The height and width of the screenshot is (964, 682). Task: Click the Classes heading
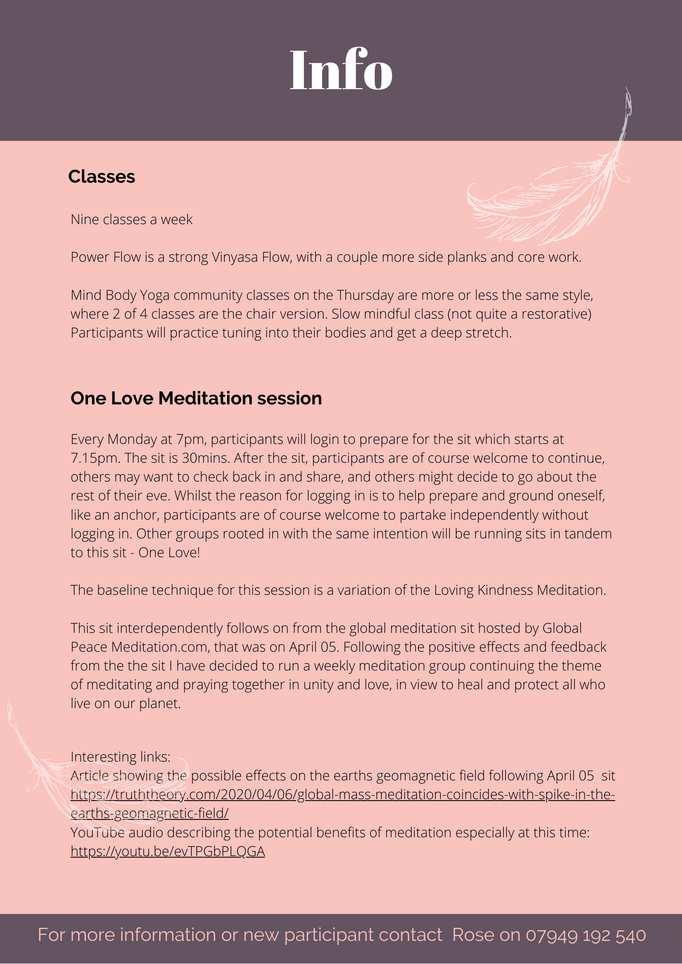coord(101,177)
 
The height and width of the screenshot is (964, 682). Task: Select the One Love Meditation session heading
coord(196,399)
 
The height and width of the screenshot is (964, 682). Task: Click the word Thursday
coord(365,295)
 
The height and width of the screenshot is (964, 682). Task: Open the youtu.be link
coord(168,852)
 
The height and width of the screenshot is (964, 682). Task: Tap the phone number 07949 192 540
coord(586,935)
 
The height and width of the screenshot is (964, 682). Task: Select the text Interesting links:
coord(121,757)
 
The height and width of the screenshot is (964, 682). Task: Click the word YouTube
coord(98,833)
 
